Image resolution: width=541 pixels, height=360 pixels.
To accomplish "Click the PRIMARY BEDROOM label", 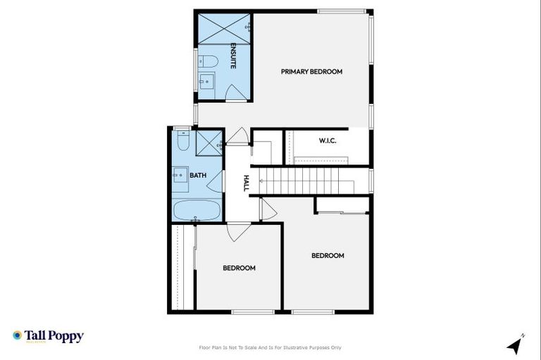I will [311, 72].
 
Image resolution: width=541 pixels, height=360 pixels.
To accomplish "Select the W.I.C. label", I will [328, 141].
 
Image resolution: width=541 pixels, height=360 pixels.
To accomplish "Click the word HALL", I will [246, 184].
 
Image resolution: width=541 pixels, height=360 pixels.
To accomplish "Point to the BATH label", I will [197, 176].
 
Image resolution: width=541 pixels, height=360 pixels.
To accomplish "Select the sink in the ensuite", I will [207, 82].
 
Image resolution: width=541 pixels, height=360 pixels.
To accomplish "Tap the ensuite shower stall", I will [223, 29].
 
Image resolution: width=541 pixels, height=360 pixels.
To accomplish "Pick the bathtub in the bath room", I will [197, 209].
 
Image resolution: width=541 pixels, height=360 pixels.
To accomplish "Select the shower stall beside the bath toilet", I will [209, 143].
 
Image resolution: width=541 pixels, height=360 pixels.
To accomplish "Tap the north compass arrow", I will [515, 345].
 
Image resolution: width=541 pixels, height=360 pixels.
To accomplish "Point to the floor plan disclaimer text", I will [270, 347].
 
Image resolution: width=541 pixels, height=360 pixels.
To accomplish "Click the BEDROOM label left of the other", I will [239, 268].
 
